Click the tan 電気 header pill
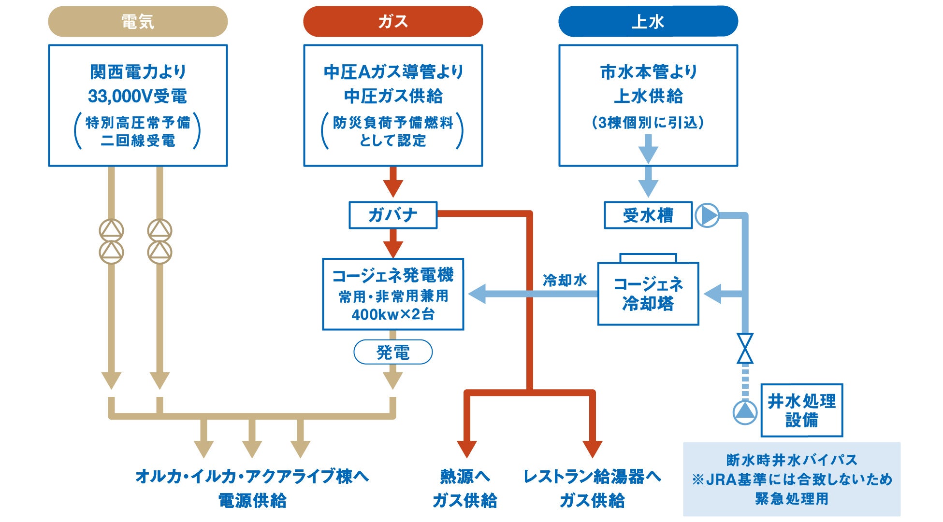coord(138,21)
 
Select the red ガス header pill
coord(393,21)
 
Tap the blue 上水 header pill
coord(648,21)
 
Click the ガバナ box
coord(393,215)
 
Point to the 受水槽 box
coord(648,215)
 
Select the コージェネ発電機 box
coord(393,294)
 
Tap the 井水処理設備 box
coord(802,410)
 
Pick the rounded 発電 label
coord(393,352)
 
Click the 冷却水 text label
coord(565,280)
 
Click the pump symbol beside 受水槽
coord(707,215)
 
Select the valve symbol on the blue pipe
coord(745,348)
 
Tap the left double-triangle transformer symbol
coord(111,241)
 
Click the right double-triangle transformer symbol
coord(160,241)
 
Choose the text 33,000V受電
coord(137,96)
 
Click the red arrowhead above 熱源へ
coord(466,449)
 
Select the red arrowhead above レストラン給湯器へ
coord(592,449)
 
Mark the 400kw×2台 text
coord(393,315)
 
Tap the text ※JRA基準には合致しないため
coord(792,480)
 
